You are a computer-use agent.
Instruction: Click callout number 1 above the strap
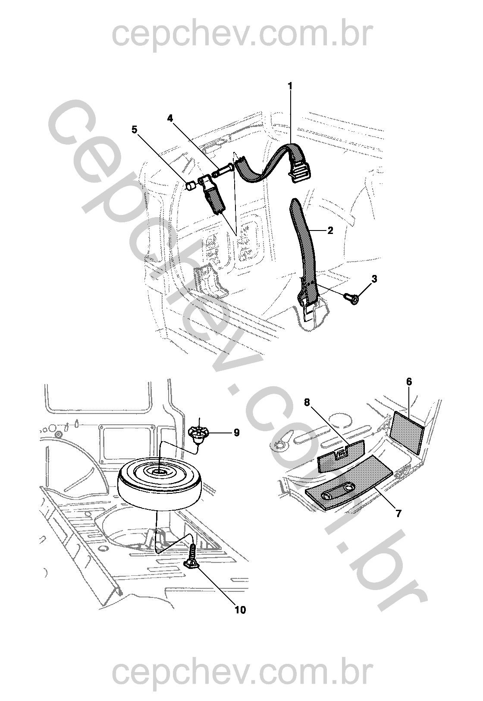(x=290, y=86)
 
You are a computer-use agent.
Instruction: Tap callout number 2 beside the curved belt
(x=330, y=231)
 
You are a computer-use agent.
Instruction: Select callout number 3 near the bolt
(x=374, y=279)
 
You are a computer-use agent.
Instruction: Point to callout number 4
(x=170, y=118)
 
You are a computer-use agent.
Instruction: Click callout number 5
(x=135, y=129)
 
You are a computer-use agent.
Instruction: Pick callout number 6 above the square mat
(x=409, y=382)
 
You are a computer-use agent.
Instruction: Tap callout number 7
(x=398, y=514)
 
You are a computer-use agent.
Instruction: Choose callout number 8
(x=307, y=402)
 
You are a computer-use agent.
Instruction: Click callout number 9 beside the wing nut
(x=236, y=433)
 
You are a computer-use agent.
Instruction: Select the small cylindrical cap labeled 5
(x=190, y=185)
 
